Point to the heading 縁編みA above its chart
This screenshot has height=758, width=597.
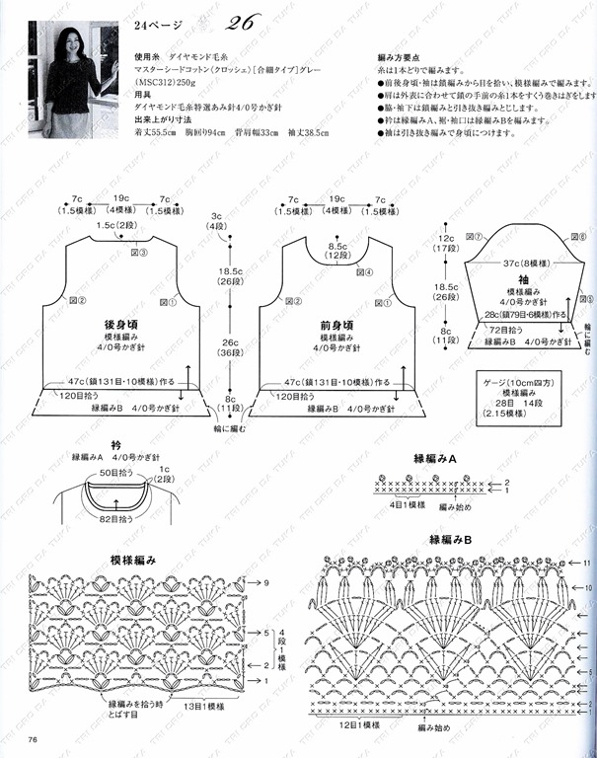click(434, 459)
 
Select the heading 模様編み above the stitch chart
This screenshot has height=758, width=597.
click(130, 560)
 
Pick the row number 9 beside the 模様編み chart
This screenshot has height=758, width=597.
click(266, 584)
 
